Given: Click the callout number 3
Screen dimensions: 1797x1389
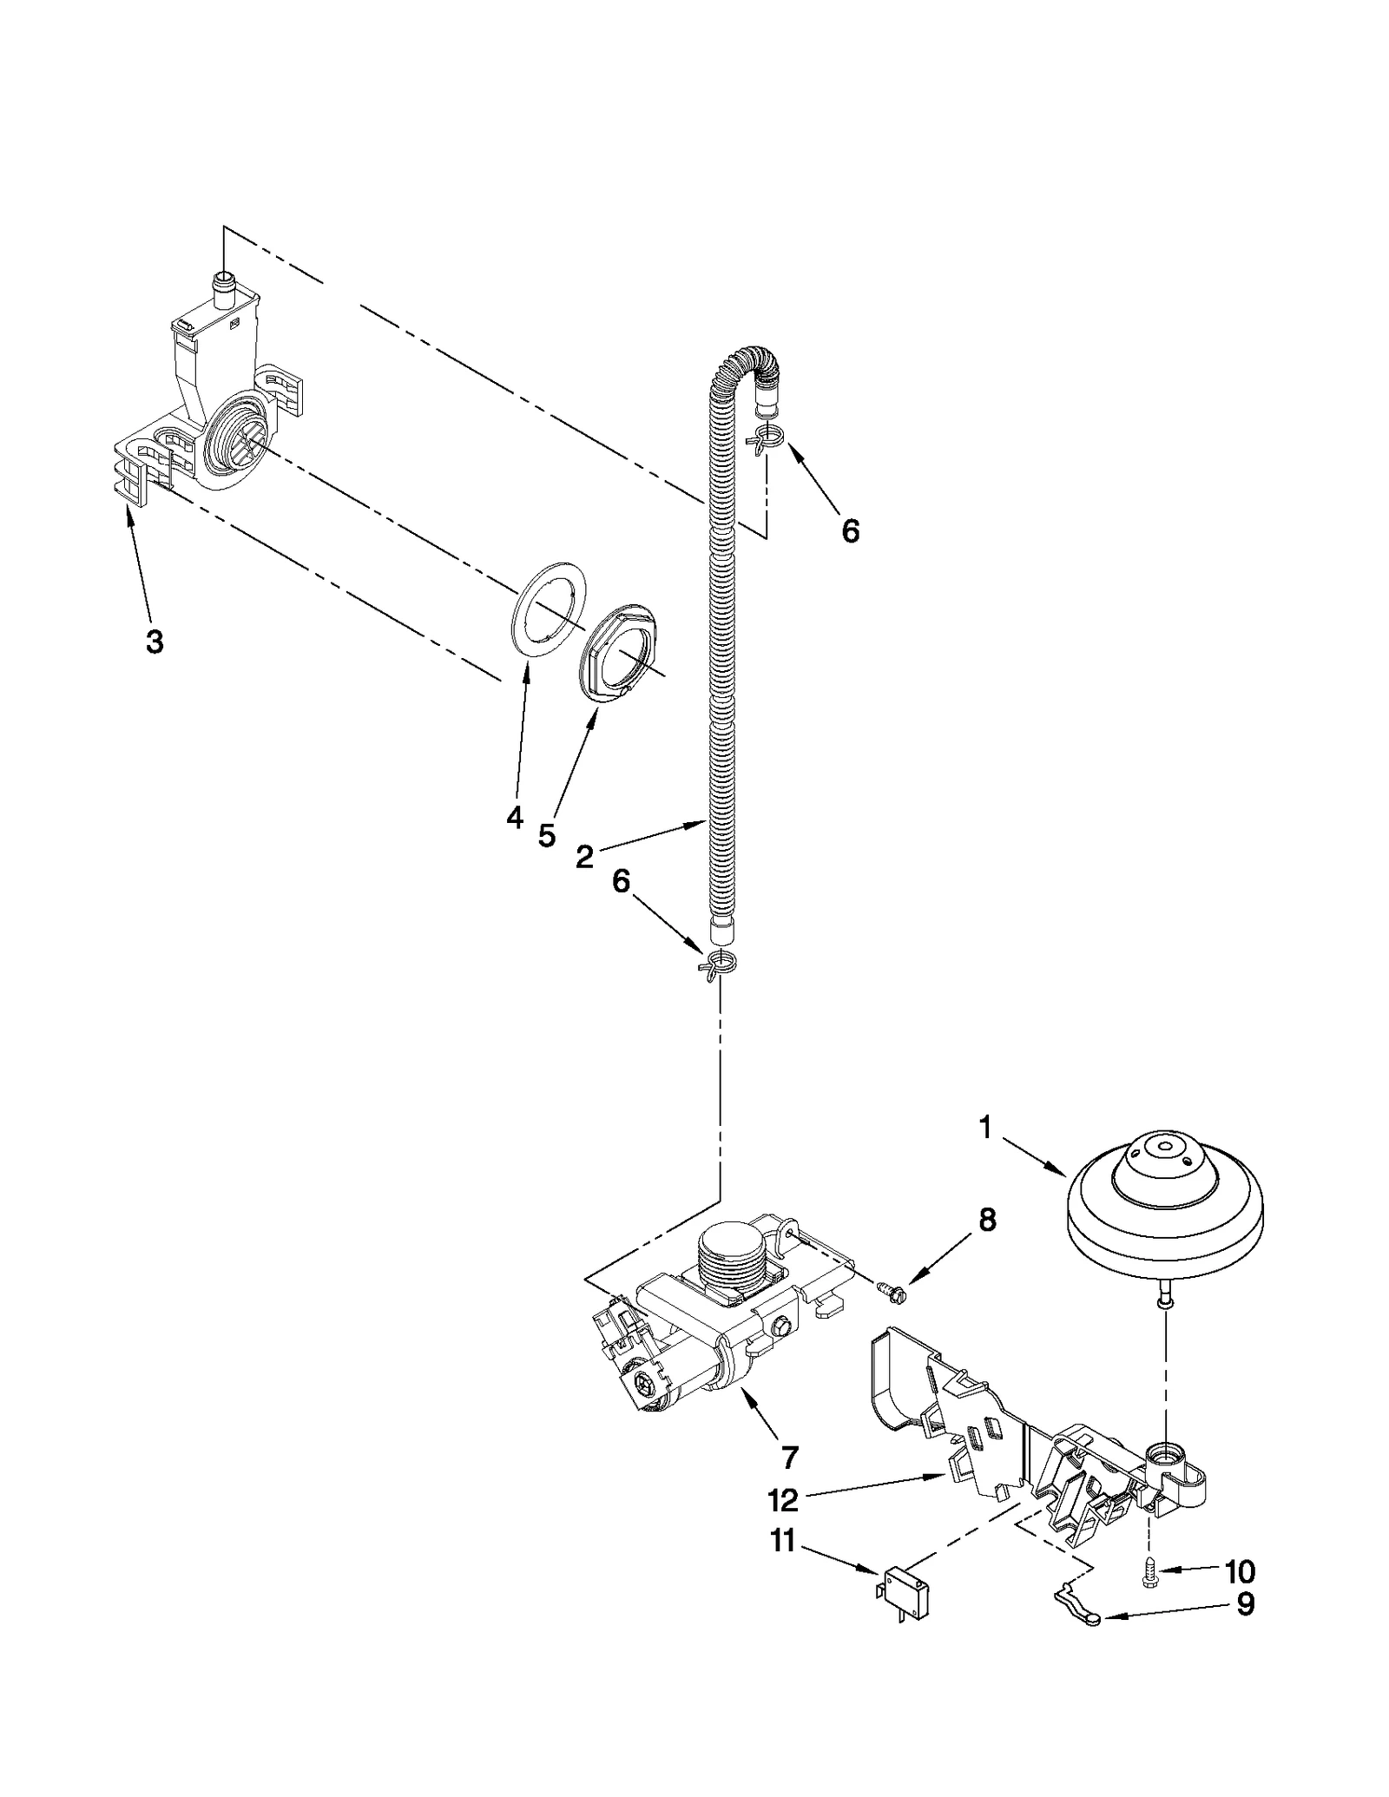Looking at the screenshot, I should pyautogui.click(x=154, y=642).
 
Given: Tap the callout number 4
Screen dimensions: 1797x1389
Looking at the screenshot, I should pyautogui.click(x=515, y=817).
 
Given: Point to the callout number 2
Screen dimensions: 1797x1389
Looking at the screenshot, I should pyautogui.click(x=585, y=857).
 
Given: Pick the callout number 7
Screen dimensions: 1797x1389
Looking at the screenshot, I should pyautogui.click(x=789, y=1458).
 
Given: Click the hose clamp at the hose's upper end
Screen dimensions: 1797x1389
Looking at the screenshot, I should pyautogui.click(x=766, y=439).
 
